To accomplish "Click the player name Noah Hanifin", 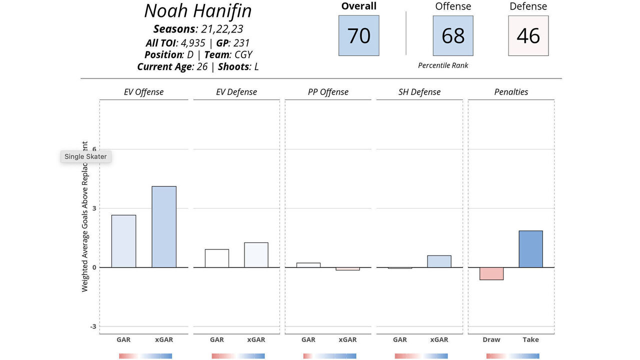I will [198, 11].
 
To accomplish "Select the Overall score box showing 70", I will [358, 35].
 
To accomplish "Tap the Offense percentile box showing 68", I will [453, 35].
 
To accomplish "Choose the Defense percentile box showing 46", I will [528, 35].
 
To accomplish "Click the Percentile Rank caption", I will [443, 65].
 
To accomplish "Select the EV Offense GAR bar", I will [123, 241].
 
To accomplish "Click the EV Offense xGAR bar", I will [164, 226].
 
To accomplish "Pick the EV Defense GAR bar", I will [217, 258].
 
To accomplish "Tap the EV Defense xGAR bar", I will [256, 255].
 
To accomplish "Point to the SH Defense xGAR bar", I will [439, 261].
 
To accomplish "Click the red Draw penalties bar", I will [491, 273].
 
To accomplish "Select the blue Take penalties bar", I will [530, 249].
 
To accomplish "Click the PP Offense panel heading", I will [328, 92].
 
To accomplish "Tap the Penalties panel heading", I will [511, 92].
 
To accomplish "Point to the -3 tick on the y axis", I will [93, 326].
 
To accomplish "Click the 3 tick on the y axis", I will [93, 208].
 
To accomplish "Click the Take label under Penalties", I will [530, 339].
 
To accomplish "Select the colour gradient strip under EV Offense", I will [145, 356].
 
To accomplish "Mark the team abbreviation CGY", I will [243, 54].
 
